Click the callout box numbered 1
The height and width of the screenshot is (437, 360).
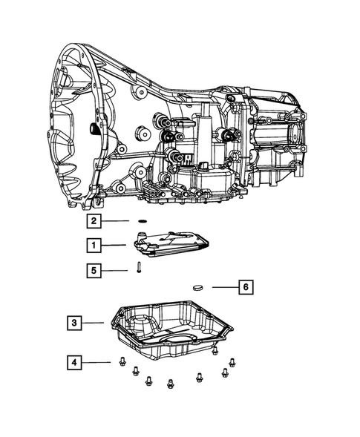tap(93, 245)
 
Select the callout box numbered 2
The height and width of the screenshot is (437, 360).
tap(93, 221)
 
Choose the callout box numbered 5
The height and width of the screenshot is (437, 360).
tap(93, 271)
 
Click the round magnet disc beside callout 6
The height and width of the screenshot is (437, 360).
tap(197, 286)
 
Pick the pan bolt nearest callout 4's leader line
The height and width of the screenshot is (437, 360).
tap(119, 362)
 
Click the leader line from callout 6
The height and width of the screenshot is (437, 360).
tap(223, 286)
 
